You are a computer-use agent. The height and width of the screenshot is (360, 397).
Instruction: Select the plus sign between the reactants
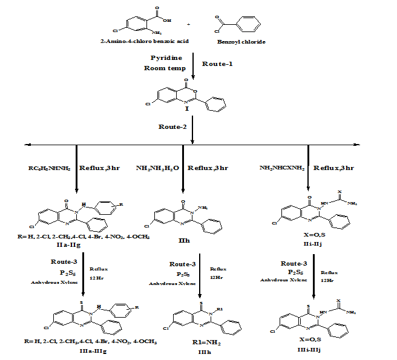point(188,24)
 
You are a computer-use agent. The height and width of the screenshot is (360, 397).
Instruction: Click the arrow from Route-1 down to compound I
point(192,65)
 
